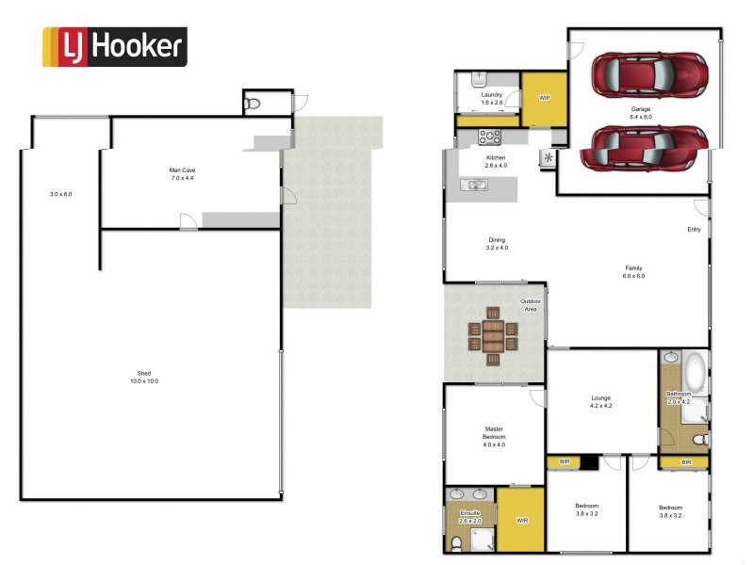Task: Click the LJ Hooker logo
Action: click(114, 47)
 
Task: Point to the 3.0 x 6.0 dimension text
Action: click(61, 194)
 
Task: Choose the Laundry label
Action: click(491, 98)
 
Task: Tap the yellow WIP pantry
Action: click(544, 99)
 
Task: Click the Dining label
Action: click(497, 243)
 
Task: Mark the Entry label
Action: click(694, 229)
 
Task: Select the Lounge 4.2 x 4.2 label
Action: click(600, 401)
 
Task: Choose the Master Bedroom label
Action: click(495, 436)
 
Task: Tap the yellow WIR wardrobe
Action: click(521, 519)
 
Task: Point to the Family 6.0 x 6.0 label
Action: click(632, 271)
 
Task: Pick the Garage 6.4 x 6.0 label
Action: click(641, 112)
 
